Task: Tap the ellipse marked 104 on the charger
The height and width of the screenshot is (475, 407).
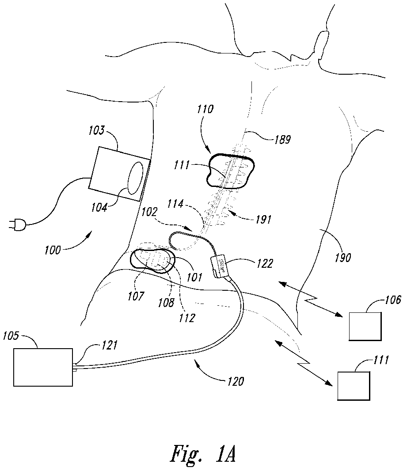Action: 135,179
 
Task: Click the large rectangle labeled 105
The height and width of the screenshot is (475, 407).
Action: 43,367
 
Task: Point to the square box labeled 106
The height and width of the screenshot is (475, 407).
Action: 365,326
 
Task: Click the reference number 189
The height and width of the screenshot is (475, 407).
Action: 281,140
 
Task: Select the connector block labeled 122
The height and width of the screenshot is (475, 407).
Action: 221,267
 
